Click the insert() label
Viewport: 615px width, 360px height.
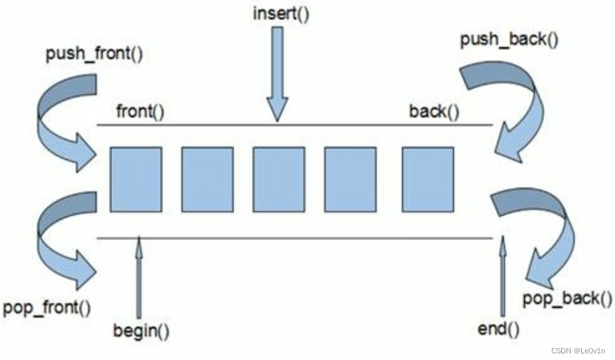click(x=281, y=14)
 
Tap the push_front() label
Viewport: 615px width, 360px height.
click(x=94, y=54)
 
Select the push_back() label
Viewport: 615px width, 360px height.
click(x=509, y=40)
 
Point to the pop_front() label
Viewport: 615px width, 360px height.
click(x=47, y=308)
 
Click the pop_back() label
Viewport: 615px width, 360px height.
click(x=567, y=298)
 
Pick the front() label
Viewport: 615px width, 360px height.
click(x=139, y=111)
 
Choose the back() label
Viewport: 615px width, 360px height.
click(x=434, y=111)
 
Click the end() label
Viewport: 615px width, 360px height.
click(x=498, y=329)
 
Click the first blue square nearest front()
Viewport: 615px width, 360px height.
click(x=136, y=179)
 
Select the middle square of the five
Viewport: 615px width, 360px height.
click(x=279, y=179)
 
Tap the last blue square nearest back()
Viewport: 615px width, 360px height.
click(x=428, y=179)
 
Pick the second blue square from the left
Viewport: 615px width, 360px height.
click(x=207, y=179)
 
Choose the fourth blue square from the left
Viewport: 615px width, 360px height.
click(x=350, y=179)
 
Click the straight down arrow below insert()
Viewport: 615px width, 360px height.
click(x=277, y=73)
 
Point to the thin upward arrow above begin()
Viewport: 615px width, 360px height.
click(x=139, y=278)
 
